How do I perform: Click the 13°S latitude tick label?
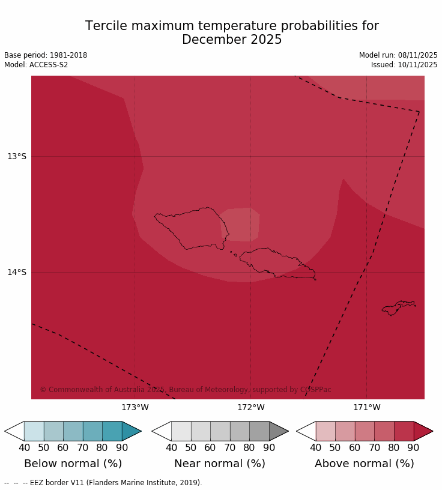click(x=17, y=157)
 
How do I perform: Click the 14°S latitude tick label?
click(x=17, y=273)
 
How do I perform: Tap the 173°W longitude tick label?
click(x=135, y=408)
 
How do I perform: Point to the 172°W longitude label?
click(x=250, y=408)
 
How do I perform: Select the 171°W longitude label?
click(x=366, y=408)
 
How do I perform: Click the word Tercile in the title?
click(x=106, y=26)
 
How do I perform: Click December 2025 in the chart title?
click(x=232, y=40)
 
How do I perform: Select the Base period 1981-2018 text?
click(x=46, y=55)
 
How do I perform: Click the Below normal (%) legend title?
click(x=73, y=464)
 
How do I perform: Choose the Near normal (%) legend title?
click(x=220, y=464)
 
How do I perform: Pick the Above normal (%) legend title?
click(x=365, y=464)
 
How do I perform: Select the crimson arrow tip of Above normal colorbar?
click(x=423, y=431)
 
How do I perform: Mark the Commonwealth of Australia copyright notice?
click(x=186, y=390)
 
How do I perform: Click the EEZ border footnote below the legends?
click(x=103, y=483)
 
